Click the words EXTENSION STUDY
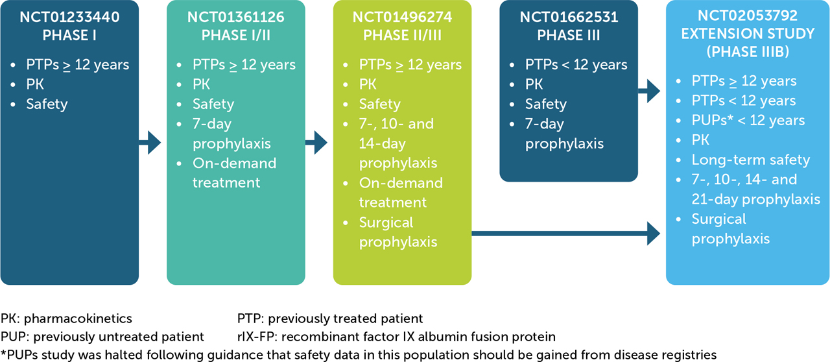pos(748,32)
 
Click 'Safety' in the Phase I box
pos(47,104)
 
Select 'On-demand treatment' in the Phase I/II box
pos(234,173)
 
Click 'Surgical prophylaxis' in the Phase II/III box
pos(397,232)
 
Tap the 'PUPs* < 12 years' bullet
pos(748,121)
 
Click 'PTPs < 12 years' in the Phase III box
pos(576,65)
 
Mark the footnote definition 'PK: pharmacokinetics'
pos(66,319)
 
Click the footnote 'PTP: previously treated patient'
pos(330,319)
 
